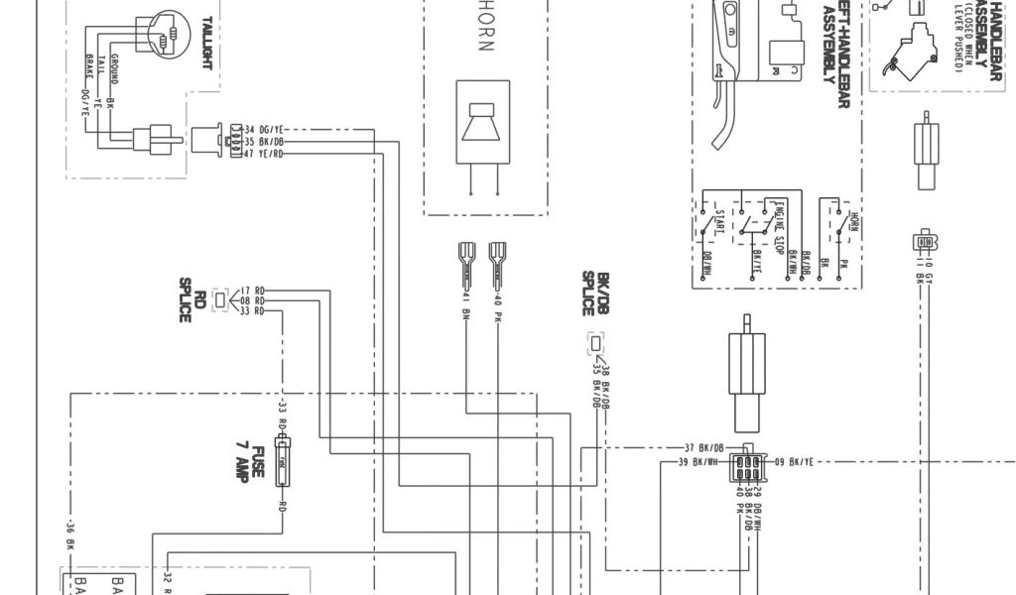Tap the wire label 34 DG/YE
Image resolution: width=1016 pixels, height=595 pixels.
[x=265, y=130]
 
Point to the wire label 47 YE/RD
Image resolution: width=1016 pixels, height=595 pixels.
[x=265, y=154]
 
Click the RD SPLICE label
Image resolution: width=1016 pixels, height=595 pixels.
[x=192, y=299]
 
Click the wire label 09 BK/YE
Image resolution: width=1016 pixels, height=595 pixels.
[x=794, y=462]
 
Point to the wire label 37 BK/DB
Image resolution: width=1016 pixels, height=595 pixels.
[x=704, y=447]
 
